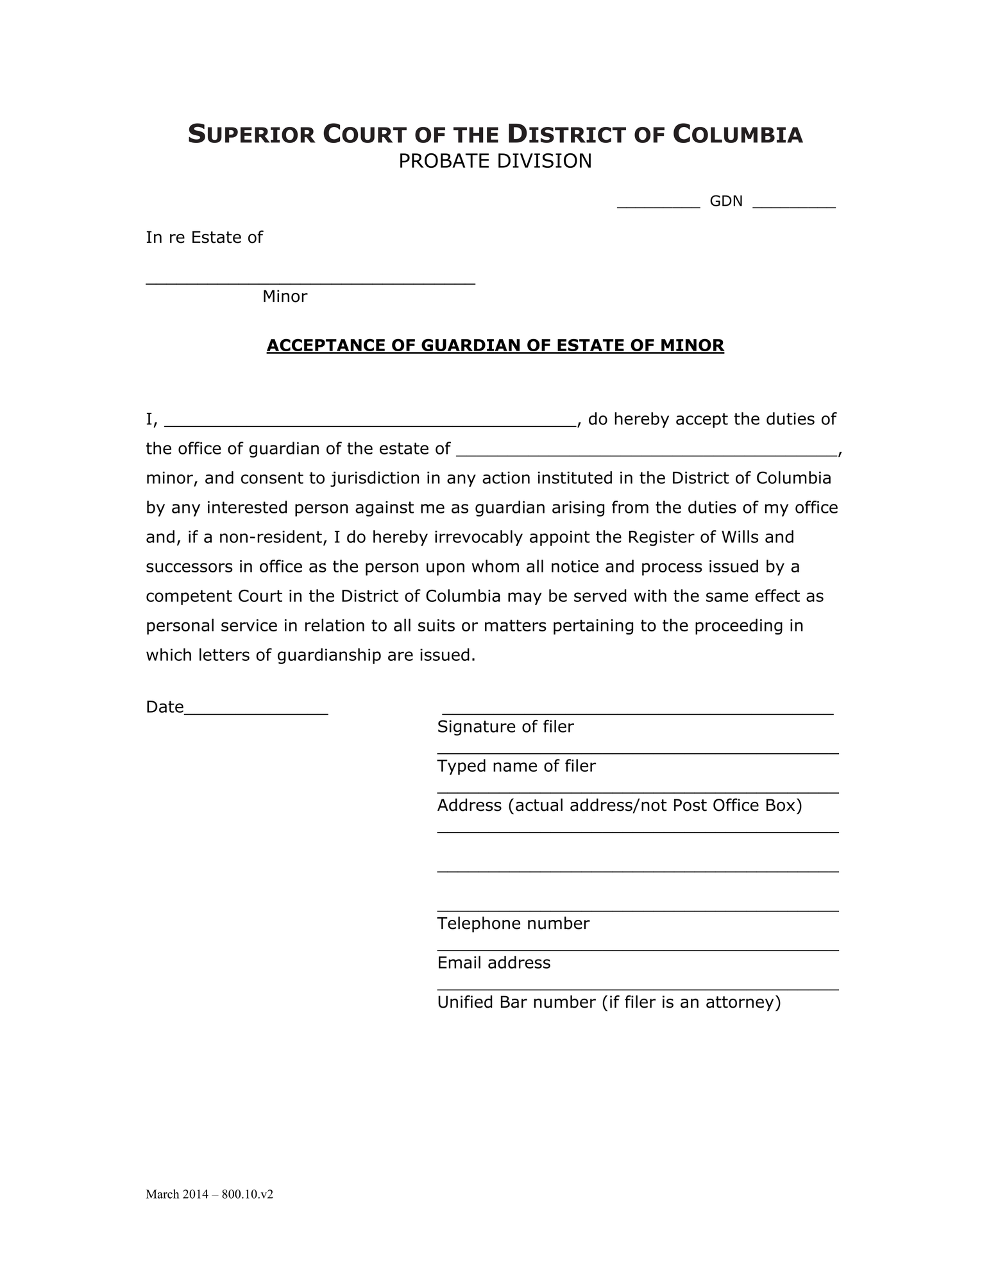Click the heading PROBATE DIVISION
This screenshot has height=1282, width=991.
[x=495, y=161]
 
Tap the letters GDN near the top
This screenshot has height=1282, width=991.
[x=725, y=201]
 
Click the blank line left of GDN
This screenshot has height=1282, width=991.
[x=657, y=205]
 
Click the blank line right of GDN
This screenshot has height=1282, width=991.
[x=793, y=205]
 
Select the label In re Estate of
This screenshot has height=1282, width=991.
[x=204, y=238]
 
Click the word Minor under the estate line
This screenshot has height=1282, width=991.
[x=284, y=296]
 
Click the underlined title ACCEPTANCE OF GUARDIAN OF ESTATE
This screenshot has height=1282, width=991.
[x=495, y=345]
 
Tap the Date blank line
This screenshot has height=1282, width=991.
[x=256, y=712]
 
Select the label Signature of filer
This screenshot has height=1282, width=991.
[x=505, y=727]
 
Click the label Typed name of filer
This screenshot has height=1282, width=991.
[x=516, y=766]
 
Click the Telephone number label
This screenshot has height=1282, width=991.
[x=512, y=924]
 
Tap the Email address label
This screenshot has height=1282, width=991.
[x=493, y=963]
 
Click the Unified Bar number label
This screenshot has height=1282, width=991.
[x=608, y=1003]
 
